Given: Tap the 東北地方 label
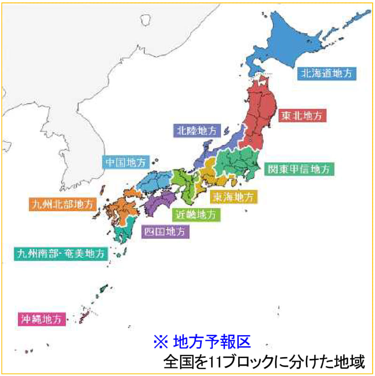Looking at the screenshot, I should pyautogui.click(x=302, y=115).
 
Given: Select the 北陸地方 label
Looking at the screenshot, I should pyautogui.click(x=197, y=130).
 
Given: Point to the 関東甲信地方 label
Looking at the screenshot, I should pyautogui.click(x=299, y=169).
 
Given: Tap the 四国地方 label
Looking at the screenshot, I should pyautogui.click(x=165, y=231).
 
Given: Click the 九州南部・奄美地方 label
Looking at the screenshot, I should pyautogui.click(x=61, y=254).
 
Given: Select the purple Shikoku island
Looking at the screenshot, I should pyautogui.click(x=160, y=204).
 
